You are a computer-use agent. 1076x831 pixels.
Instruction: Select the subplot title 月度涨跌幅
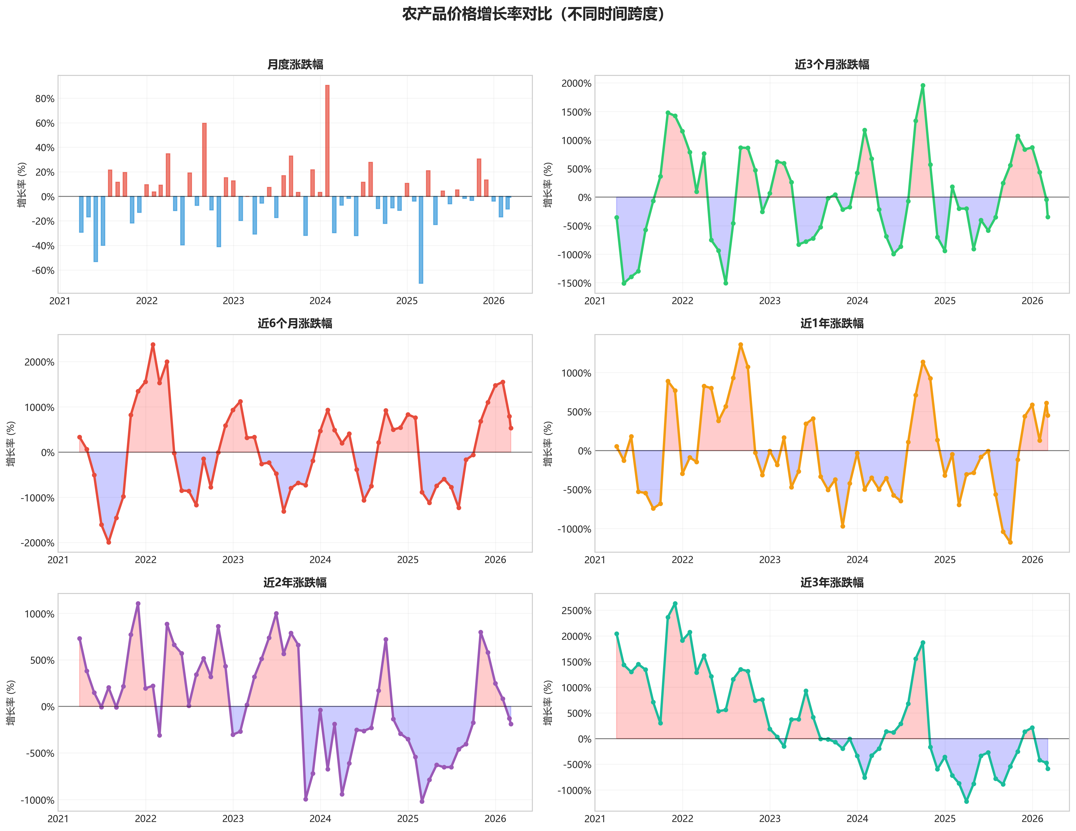pyautogui.click(x=295, y=65)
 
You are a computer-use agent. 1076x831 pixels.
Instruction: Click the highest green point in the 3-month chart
pyautogui.click(x=923, y=86)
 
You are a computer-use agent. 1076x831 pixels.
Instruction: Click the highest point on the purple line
pyautogui.click(x=138, y=604)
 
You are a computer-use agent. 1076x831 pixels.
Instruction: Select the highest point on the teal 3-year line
pyautogui.click(x=675, y=604)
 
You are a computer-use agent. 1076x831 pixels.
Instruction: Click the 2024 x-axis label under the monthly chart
pyautogui.click(x=320, y=301)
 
